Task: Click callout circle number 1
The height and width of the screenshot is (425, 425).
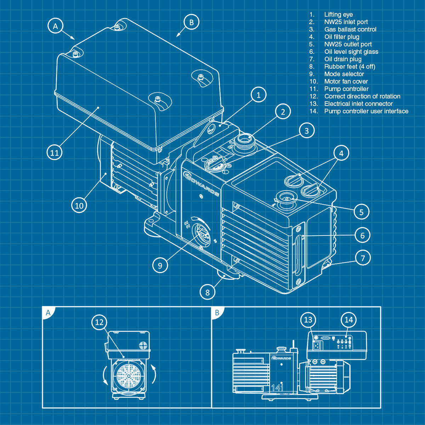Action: (259, 95)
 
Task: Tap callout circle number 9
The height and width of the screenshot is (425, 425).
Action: (160, 265)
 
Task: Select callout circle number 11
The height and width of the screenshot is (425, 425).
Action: (54, 153)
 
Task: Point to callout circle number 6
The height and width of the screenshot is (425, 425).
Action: (362, 235)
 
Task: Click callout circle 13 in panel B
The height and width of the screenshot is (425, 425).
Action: (308, 320)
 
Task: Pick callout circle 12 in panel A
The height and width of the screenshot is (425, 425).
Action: (99, 322)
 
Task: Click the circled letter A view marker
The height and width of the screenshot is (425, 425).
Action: (55, 26)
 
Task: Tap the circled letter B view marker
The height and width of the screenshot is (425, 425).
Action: (191, 22)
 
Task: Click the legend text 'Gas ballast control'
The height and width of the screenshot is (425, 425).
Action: (350, 29)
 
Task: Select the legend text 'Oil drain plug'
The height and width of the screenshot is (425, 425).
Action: (342, 59)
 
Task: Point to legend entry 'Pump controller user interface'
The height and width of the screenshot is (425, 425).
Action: (366, 111)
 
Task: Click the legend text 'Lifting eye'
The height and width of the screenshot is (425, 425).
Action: (338, 15)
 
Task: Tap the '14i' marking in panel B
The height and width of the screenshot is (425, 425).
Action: (277, 387)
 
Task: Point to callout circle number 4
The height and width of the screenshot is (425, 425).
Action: (341, 153)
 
